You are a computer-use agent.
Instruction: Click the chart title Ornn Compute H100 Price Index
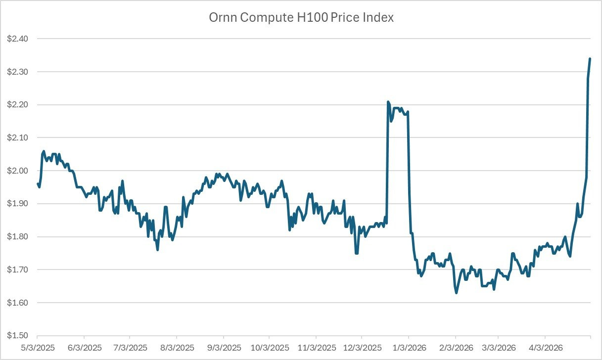pos(301,18)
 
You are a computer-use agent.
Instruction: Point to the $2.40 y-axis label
pos(17,39)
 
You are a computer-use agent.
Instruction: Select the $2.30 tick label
pos(17,72)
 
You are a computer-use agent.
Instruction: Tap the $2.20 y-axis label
pos(17,104)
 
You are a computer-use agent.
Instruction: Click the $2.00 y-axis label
pos(17,171)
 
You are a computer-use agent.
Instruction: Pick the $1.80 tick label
pos(17,237)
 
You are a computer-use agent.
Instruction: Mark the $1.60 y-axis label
pos(17,303)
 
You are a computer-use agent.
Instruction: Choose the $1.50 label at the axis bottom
pos(17,336)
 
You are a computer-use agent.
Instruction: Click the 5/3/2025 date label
pos(38,348)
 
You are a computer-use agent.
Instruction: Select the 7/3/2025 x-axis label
pos(131,348)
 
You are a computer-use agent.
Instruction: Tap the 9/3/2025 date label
pos(225,348)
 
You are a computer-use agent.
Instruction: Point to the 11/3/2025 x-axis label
pos(317,348)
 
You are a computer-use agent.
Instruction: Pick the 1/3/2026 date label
pos(410,348)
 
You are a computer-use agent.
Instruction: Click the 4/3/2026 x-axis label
pos(546,348)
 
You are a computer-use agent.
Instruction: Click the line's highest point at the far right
pos(590,58)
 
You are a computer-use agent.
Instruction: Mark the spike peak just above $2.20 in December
pos(388,102)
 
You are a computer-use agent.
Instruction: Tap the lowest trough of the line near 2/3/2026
pos(457,293)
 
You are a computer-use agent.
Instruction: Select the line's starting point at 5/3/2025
pos(38,184)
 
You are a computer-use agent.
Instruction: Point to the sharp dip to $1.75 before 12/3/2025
pos(357,253)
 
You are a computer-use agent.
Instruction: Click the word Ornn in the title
pos(223,18)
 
